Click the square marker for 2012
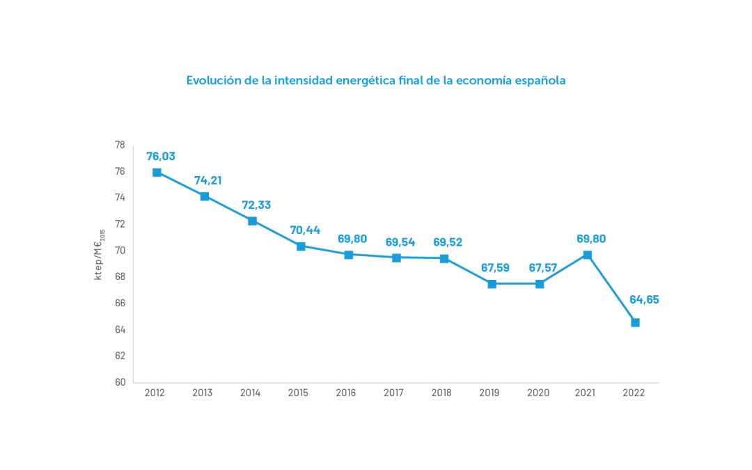click(x=157, y=172)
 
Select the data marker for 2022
click(x=635, y=322)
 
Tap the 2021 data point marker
click(x=587, y=255)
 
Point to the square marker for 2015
click(x=301, y=246)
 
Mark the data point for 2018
click(x=444, y=258)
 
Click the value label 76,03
click(x=161, y=156)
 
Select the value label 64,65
click(x=644, y=300)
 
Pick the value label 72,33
click(x=256, y=205)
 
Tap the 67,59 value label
click(x=495, y=268)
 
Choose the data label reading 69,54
click(x=400, y=242)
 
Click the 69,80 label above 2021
click(x=591, y=239)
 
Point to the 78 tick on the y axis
click(x=120, y=145)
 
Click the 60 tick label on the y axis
click(x=120, y=382)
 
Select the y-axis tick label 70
click(x=120, y=251)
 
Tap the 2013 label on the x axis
click(x=203, y=393)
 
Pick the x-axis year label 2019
click(x=490, y=393)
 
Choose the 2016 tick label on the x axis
click(x=346, y=393)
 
